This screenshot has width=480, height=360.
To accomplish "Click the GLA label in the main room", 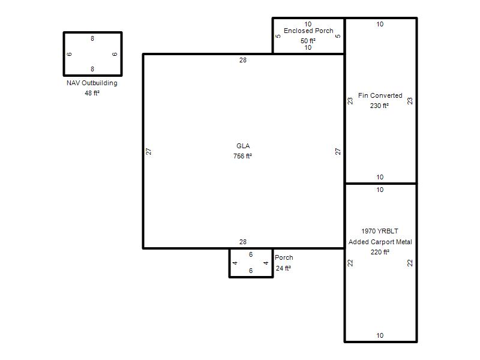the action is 243,146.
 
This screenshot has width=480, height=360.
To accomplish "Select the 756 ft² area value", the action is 242,156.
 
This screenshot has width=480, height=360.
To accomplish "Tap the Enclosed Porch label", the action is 308,31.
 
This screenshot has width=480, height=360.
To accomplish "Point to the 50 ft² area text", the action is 308,41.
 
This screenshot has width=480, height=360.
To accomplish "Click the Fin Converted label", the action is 380,95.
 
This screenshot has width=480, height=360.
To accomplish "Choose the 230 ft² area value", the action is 379,106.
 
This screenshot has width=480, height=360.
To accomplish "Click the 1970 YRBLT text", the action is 380,231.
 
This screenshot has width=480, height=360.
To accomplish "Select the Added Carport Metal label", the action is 380,242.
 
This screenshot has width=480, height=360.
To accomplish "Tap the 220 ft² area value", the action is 380,252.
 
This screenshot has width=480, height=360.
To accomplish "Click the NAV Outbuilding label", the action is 92,83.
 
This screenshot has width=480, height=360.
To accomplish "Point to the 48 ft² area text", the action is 92,93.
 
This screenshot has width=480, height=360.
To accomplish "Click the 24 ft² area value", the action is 283,268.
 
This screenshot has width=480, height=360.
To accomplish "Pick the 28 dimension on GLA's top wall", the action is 243,60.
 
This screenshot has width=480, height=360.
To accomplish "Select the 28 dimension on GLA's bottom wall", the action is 243,242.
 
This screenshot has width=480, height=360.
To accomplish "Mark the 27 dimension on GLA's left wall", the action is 148,151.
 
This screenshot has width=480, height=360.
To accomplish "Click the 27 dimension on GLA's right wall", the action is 338,151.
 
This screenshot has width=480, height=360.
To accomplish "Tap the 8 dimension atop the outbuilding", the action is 92,38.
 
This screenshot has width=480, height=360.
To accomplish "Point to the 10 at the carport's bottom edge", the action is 380,335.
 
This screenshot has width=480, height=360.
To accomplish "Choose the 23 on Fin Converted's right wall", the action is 410,101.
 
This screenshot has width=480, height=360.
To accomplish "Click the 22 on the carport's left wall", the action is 350,263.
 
